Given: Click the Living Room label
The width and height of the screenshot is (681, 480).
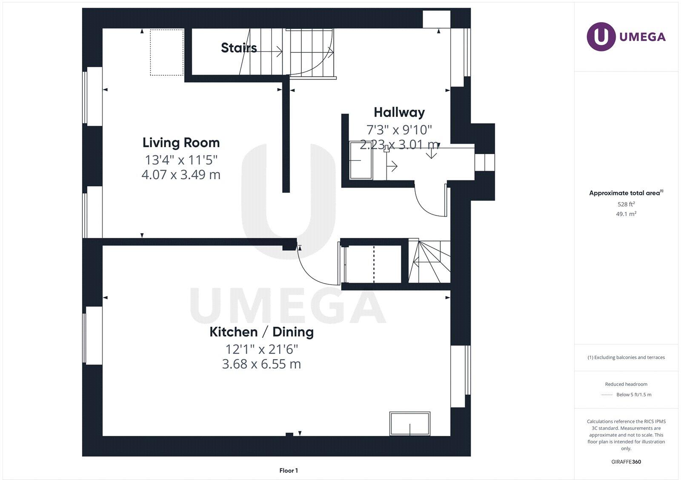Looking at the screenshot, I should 181,143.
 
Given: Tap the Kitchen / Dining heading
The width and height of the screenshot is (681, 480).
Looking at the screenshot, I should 261,332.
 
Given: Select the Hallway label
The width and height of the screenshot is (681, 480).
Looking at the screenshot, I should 399,112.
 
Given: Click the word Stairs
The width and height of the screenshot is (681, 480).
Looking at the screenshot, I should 239,48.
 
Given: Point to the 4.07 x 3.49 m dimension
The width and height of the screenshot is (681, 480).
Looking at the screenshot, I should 181,174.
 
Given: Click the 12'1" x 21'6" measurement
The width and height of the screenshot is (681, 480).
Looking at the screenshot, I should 261,349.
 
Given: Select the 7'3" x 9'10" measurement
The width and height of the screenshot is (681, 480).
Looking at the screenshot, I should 399,129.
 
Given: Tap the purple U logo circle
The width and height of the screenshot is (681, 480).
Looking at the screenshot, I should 601,37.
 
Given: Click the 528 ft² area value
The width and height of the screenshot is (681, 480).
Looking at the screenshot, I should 626,204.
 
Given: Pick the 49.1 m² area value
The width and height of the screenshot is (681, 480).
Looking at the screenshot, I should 626,214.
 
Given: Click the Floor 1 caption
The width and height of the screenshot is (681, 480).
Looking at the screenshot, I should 289,470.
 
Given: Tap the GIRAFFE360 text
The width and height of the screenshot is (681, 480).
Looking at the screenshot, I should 626,462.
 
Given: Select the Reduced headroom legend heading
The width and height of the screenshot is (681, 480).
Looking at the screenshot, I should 626,384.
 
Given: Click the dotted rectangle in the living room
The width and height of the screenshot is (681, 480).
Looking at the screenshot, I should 167,52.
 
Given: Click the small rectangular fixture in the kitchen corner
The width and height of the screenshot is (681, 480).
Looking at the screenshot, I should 409,423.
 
